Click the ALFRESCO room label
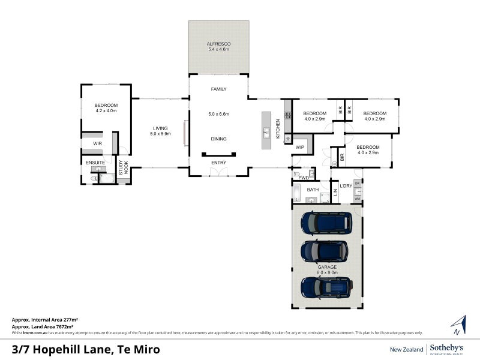[219, 44]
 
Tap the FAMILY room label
[219, 89]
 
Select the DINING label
[219, 139]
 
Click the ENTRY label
[219, 163]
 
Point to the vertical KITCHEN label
[278, 129]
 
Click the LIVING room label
[160, 128]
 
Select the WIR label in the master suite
[97, 144]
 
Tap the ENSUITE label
[95, 163]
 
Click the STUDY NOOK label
[122, 167]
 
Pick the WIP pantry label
[300, 147]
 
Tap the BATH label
[313, 190]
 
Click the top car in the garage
[327, 222]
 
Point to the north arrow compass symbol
[458, 325]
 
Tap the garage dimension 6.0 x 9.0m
[328, 272]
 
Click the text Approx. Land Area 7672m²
[47, 326]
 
